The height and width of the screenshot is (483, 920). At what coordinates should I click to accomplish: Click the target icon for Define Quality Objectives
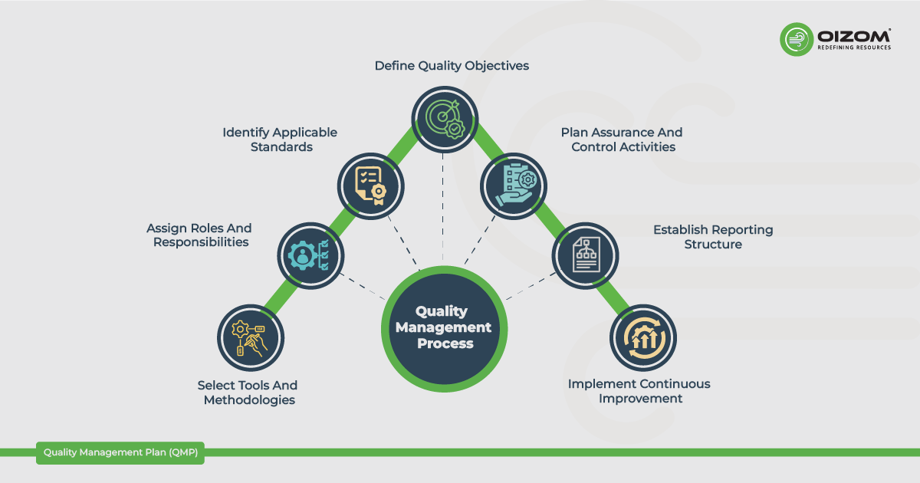pyautogui.click(x=445, y=119)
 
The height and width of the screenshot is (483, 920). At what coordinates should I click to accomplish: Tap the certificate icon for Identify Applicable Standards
pyautogui.click(x=370, y=186)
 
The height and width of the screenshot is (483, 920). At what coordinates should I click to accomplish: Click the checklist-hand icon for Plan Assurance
pyautogui.click(x=516, y=186)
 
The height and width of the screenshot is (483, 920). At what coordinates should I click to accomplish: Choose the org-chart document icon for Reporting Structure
pyautogui.click(x=586, y=255)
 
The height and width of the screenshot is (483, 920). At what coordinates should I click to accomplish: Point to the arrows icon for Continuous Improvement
pyautogui.click(x=644, y=338)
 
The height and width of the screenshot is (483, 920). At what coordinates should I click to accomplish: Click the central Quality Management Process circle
pyautogui.click(x=444, y=329)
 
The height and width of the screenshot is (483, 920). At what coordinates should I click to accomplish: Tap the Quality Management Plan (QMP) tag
pyautogui.click(x=120, y=452)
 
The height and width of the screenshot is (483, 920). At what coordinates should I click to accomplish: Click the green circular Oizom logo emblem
pyautogui.click(x=797, y=39)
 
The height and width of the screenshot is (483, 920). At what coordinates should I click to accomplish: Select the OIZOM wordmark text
pyautogui.click(x=854, y=36)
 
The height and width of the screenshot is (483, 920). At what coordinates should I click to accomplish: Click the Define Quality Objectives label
pyautogui.click(x=452, y=66)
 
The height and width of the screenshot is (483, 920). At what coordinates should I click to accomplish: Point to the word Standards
pyautogui.click(x=281, y=146)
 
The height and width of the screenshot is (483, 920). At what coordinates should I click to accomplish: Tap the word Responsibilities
pyautogui.click(x=201, y=242)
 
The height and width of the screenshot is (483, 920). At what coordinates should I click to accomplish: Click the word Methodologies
pyautogui.click(x=249, y=399)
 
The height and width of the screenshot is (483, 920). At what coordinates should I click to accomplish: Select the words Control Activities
pyautogui.click(x=623, y=146)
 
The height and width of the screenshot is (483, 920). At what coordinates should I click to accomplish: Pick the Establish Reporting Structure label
pyautogui.click(x=713, y=237)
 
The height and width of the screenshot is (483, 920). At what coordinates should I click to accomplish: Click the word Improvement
pyautogui.click(x=640, y=399)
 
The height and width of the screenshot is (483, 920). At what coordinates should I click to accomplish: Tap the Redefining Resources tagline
pyautogui.click(x=854, y=48)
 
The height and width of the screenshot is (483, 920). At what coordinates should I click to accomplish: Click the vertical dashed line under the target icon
pyautogui.click(x=443, y=207)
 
